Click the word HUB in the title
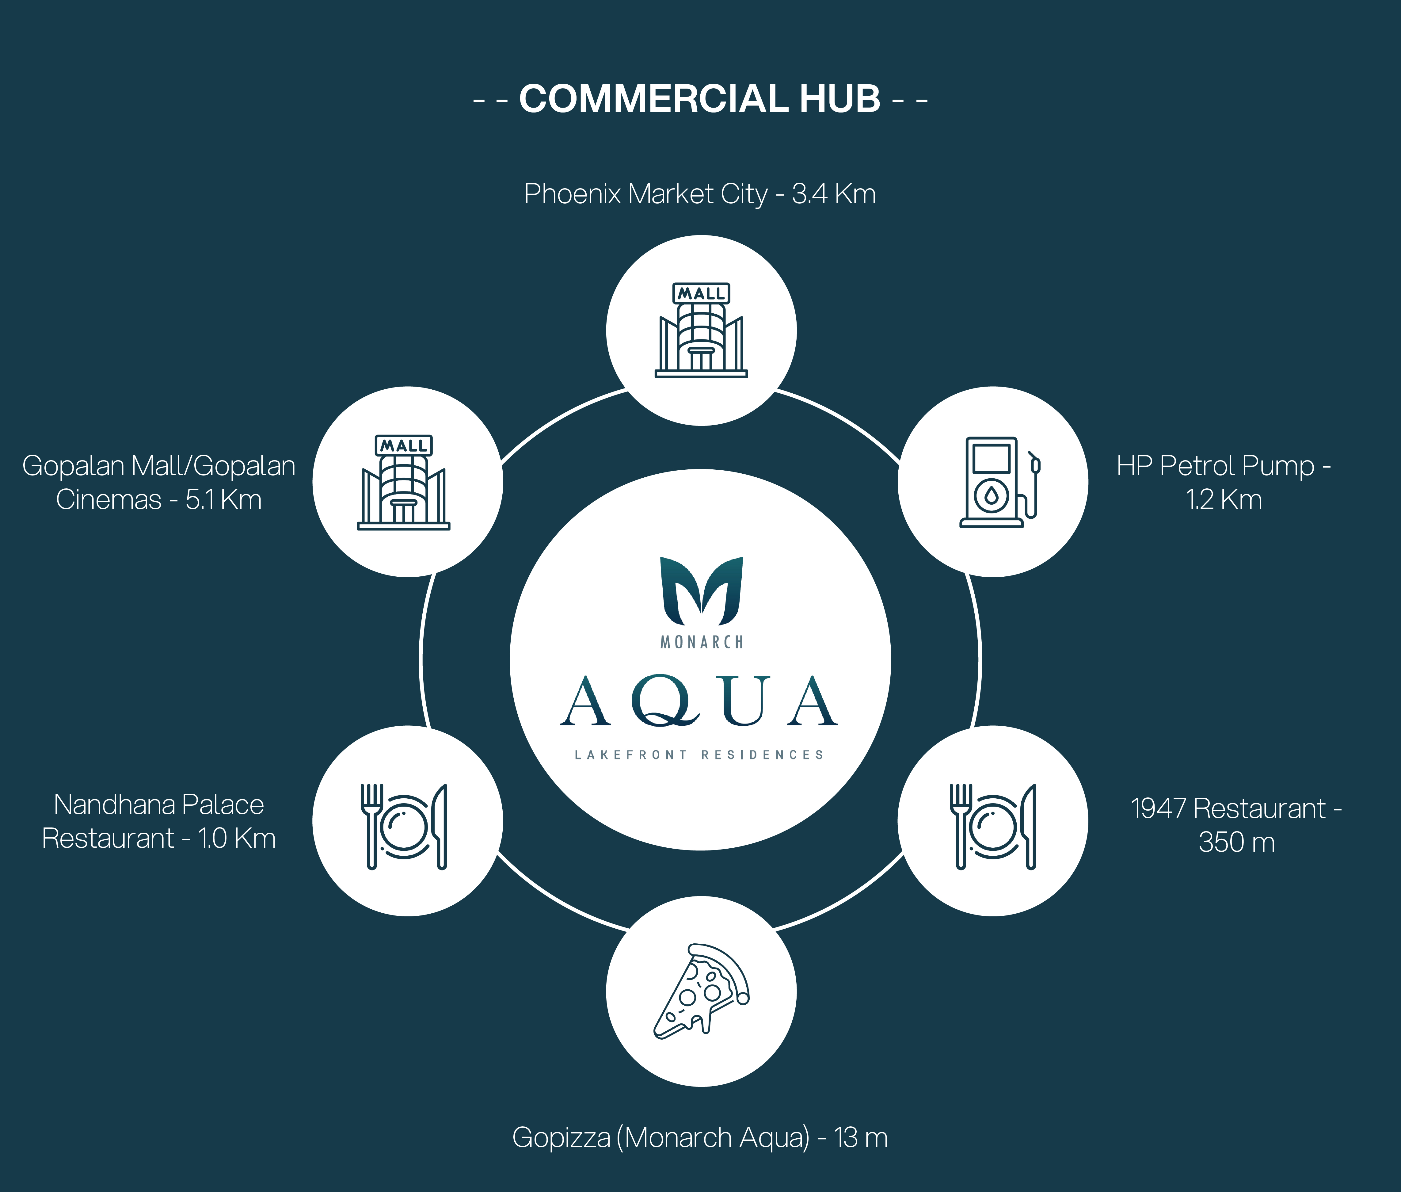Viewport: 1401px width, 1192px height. pos(840,99)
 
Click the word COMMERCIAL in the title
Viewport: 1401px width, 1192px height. pos(654,99)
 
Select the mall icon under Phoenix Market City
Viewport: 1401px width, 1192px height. pos(701,330)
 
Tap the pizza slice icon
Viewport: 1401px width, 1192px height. pos(701,991)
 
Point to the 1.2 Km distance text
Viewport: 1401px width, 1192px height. pos(1223,500)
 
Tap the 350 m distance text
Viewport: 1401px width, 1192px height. pos(1236,842)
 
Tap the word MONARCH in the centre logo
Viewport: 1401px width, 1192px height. pos(701,642)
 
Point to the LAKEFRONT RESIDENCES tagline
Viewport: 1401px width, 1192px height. pos(699,755)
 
